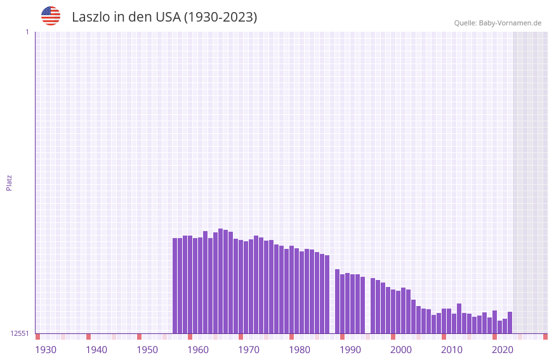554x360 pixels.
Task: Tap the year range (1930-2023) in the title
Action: (220, 17)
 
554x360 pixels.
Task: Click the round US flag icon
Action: (51, 16)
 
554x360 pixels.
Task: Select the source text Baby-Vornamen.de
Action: (510, 23)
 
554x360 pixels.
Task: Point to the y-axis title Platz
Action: (9, 182)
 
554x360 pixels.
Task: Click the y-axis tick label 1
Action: (27, 32)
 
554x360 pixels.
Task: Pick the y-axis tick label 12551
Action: (20, 333)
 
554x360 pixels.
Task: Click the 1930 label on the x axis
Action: (46, 349)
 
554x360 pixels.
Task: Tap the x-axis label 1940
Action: (96, 349)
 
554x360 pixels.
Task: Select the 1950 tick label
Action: (147, 349)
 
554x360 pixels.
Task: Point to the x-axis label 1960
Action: (198, 349)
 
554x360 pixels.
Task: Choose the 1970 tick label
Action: (249, 349)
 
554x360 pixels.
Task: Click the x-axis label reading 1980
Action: (300, 349)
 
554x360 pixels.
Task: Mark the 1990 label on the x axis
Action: (350, 349)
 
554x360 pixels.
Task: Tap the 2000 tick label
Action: (401, 349)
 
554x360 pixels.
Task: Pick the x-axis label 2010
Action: (452, 349)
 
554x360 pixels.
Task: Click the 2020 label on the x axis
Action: (503, 349)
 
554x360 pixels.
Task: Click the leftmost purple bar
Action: (175, 286)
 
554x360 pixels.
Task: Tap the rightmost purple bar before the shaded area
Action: (510, 323)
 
